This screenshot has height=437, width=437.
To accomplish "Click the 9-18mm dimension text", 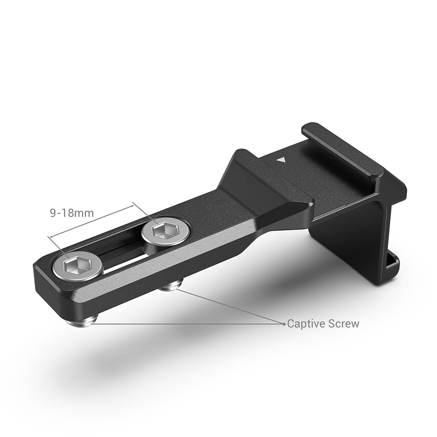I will pyautogui.click(x=72, y=214).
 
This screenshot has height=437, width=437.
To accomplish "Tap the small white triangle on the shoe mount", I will pyautogui.click(x=282, y=160).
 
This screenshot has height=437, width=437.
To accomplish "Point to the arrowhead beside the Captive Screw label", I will pyautogui.click(x=284, y=324).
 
